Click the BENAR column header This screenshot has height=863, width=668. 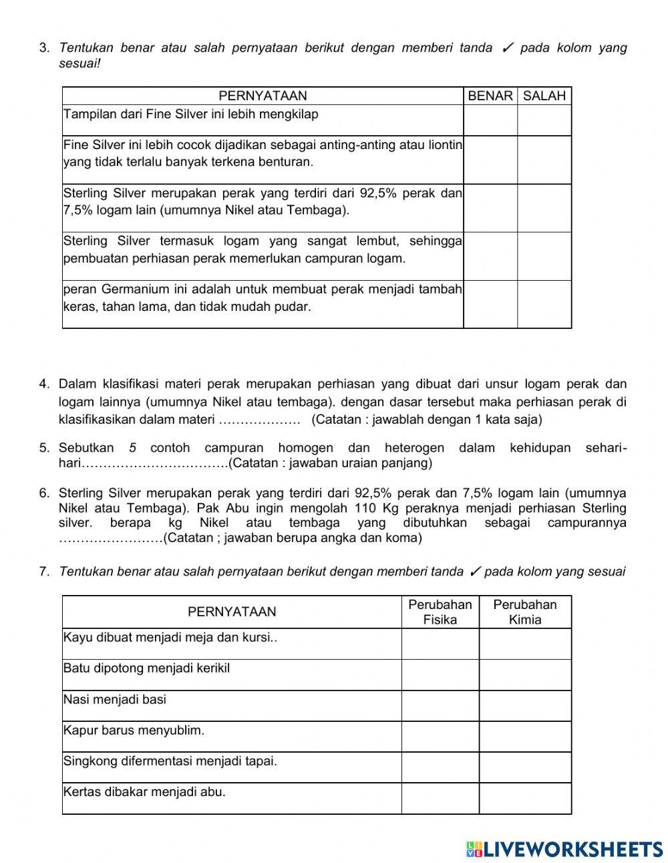pos(490,96)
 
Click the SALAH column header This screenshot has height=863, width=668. pos(544,96)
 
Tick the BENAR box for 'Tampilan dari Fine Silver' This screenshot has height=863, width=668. pos(490,120)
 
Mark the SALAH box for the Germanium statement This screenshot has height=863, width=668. pos(544,304)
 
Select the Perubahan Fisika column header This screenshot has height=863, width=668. pos(440,612)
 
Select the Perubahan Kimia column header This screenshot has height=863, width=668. pos(525,612)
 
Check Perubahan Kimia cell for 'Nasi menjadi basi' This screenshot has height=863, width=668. pos(525,706)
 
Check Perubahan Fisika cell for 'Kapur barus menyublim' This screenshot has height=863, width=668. pos(440,737)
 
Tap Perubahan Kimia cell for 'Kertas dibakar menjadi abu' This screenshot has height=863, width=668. pos(525,798)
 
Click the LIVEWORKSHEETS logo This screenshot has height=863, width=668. pos(564,849)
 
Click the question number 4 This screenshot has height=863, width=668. pos(44,384)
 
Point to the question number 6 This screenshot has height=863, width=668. pos(44,493)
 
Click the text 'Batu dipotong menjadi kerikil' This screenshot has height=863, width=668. pos(146,668)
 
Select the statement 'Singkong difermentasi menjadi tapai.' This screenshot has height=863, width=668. pos(170,761)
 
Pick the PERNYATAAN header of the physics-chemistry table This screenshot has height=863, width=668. pos(231,612)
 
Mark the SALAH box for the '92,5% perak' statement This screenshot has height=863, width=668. pos(544,208)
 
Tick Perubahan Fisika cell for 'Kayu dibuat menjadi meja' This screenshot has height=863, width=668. pos(440,644)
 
